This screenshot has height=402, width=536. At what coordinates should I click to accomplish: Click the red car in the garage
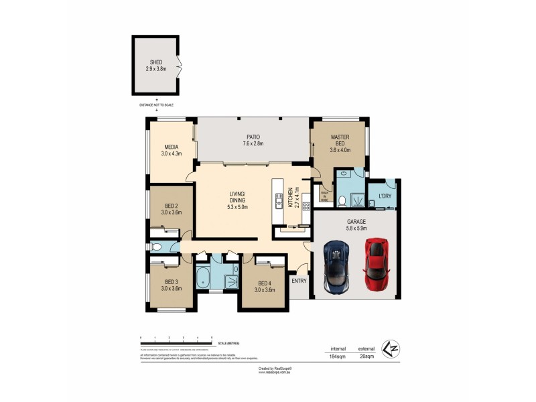point(377,263)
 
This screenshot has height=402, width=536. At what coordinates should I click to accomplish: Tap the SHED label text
point(156,62)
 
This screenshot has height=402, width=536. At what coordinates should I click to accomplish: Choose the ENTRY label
point(299,281)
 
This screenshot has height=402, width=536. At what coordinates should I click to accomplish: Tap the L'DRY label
point(385,196)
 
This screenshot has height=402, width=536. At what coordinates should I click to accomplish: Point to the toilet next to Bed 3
point(156,247)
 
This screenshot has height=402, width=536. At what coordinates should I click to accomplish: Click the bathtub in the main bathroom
point(203,278)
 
